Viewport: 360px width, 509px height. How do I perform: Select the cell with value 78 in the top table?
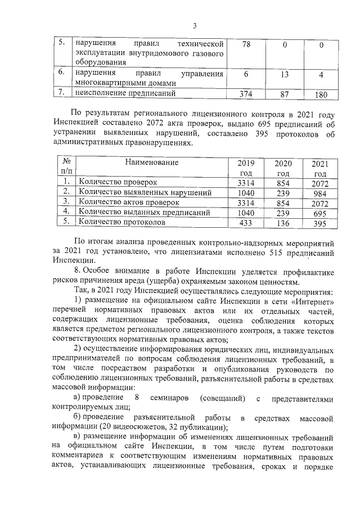click(246, 44)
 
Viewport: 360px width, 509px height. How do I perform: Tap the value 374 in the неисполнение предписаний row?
click(246, 94)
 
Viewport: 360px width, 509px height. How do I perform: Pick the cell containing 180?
click(320, 94)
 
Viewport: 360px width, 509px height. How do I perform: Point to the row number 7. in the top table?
click(64, 93)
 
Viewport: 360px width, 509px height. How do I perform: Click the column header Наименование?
click(151, 163)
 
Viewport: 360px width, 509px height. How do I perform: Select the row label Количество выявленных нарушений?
click(145, 192)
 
